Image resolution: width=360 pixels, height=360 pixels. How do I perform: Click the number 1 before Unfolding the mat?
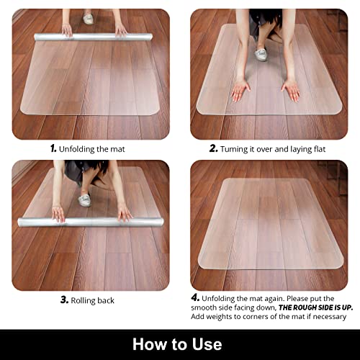click(53, 148)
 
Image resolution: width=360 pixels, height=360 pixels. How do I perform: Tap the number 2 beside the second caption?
click(213, 148)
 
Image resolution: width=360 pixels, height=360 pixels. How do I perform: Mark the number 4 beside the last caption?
click(195, 297)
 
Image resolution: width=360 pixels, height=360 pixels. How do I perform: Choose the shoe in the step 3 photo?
click(85, 199)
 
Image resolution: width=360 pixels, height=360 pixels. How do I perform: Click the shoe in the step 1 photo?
click(89, 19)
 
